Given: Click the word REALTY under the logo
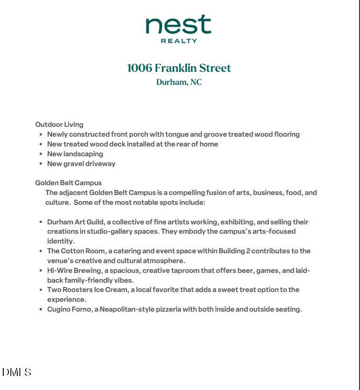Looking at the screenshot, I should [x=179, y=41].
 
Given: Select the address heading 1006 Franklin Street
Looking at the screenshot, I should [x=179, y=68].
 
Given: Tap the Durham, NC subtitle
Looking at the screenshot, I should [x=179, y=82].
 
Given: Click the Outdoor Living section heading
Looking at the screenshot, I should [x=59, y=125].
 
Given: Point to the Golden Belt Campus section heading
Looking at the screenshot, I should [x=68, y=183].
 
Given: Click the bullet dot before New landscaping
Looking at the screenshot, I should [x=41, y=154].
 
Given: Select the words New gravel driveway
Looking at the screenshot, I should [x=81, y=164].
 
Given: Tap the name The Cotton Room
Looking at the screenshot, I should [x=76, y=251].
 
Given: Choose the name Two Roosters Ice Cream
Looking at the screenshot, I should [x=87, y=290].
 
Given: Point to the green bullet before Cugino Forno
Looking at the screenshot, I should [x=41, y=309].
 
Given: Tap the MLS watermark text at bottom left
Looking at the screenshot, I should [x=17, y=372].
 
